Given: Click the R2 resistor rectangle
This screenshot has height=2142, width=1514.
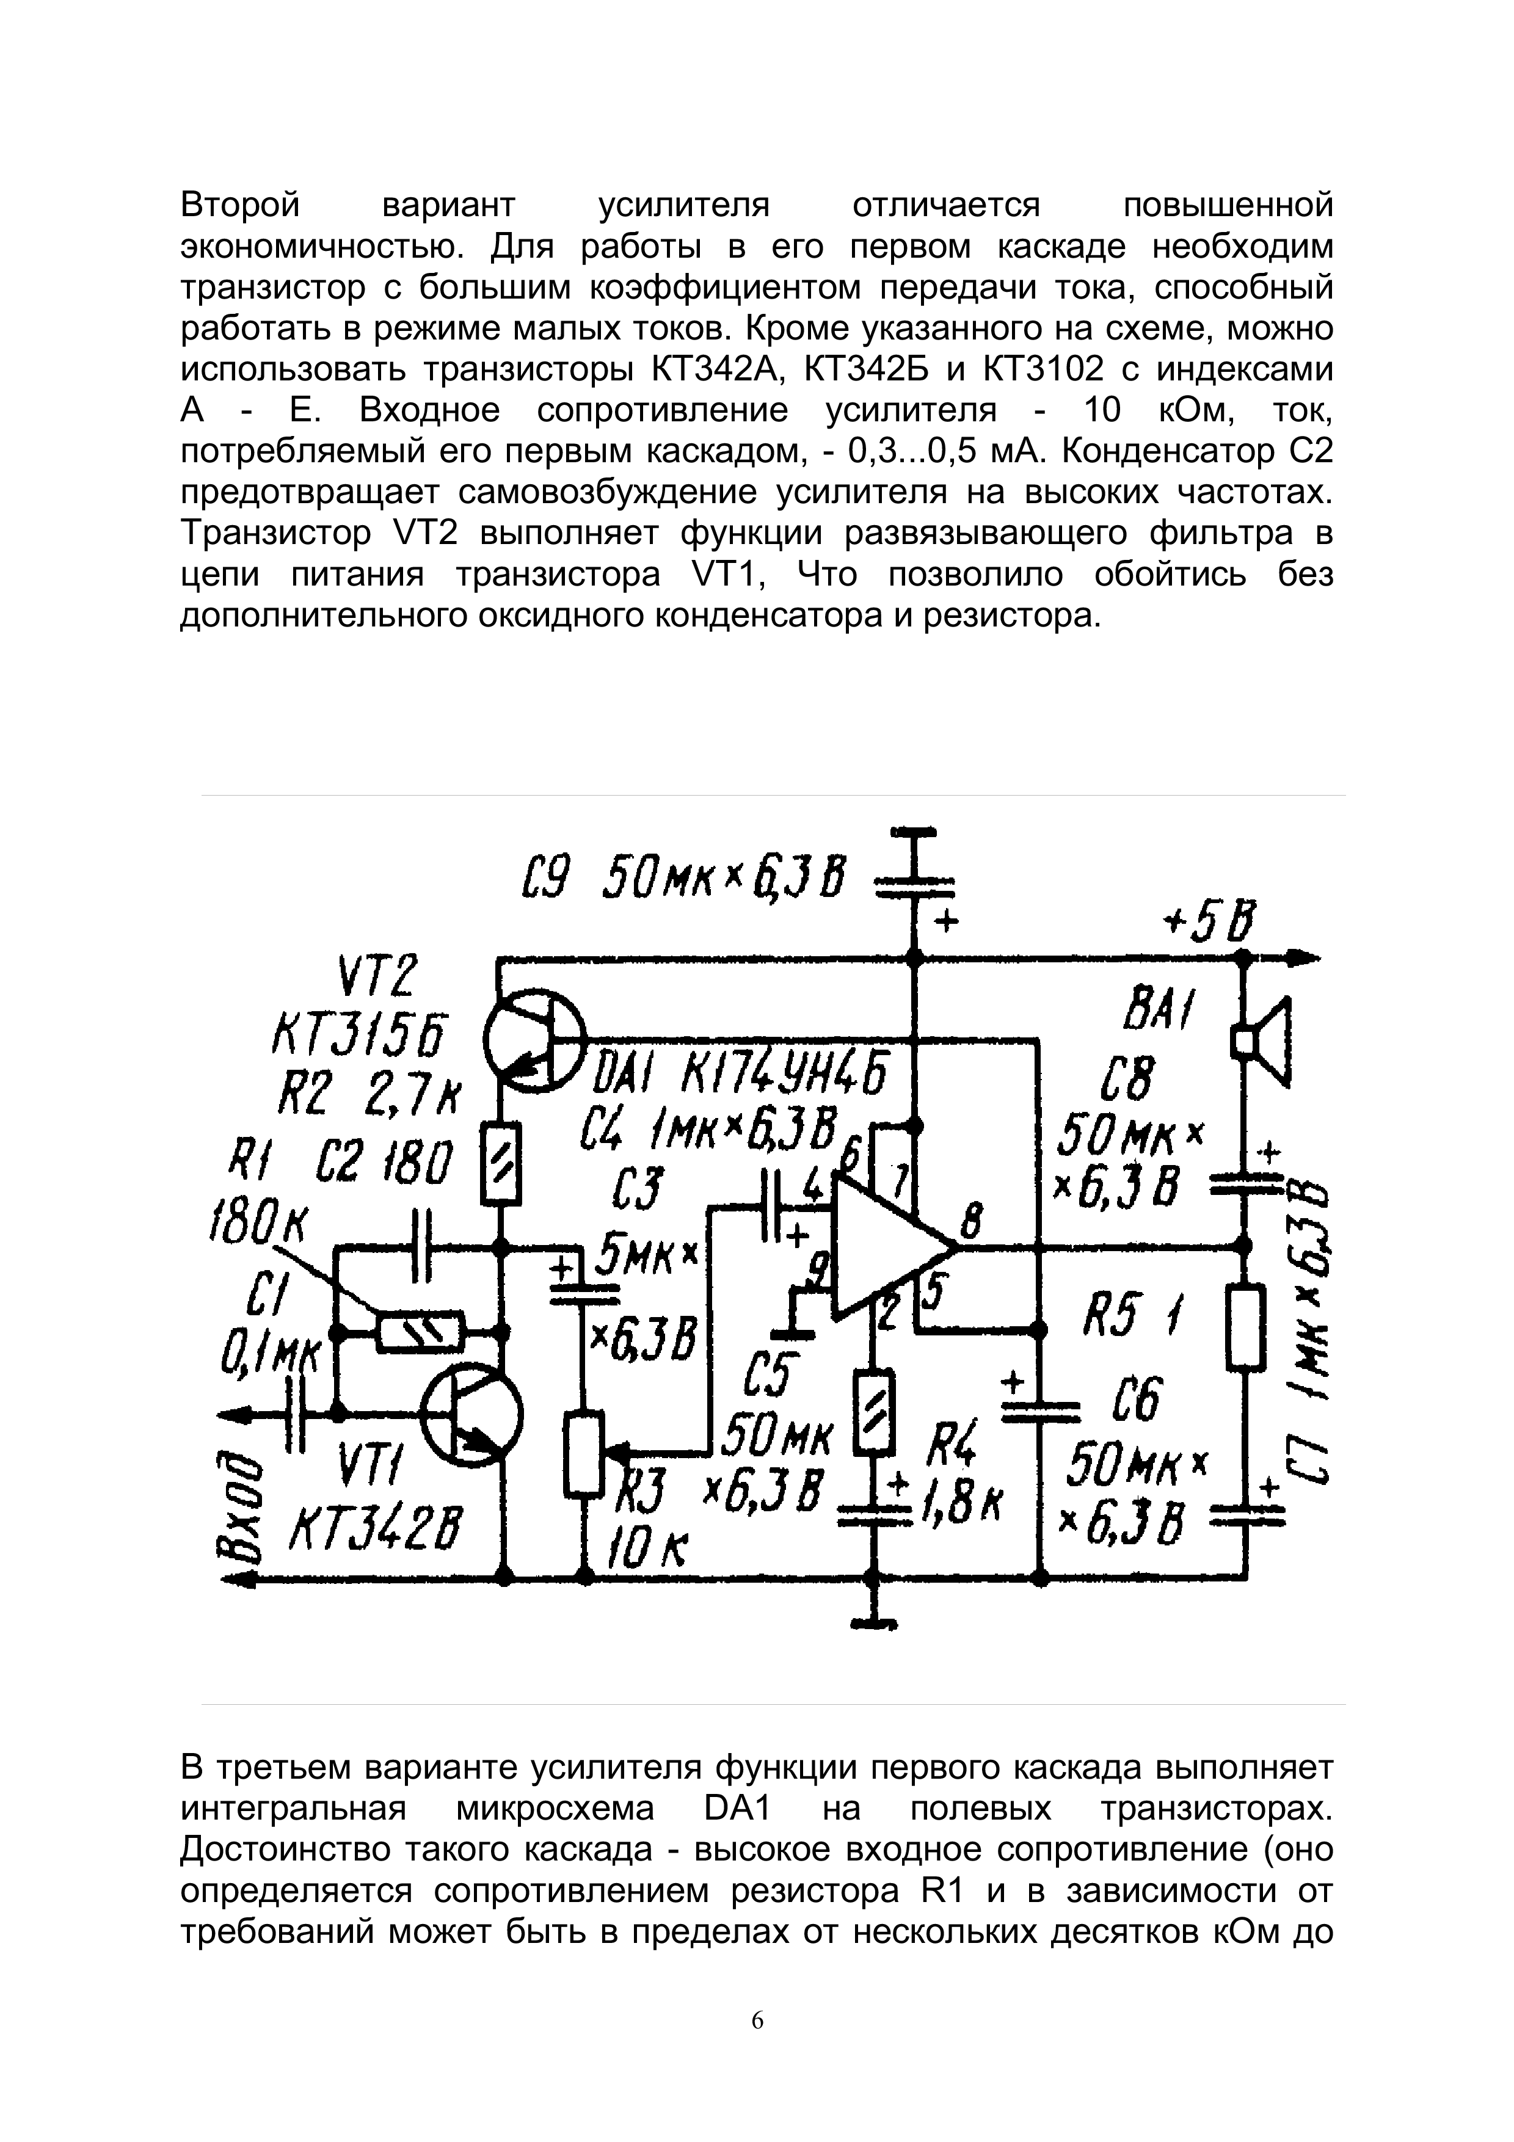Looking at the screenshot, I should [x=501, y=1167].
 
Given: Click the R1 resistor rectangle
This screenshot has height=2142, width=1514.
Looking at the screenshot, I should [x=419, y=1332].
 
